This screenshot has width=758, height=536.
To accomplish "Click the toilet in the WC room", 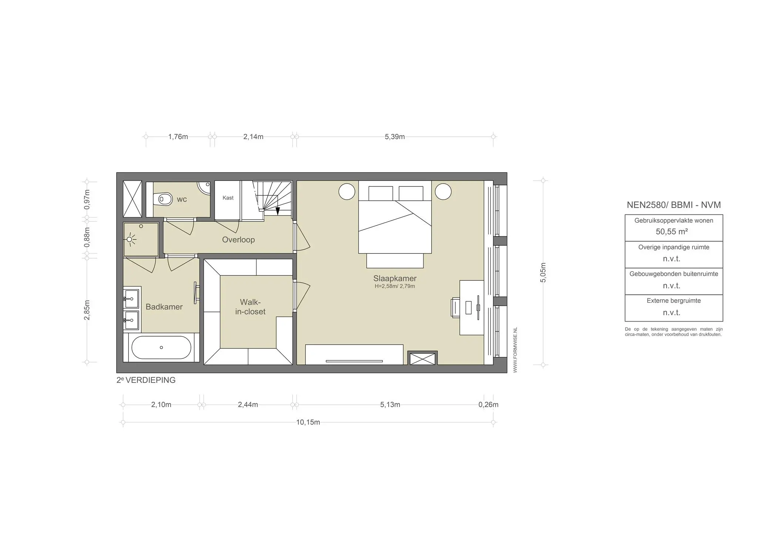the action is pyautogui.click(x=165, y=199).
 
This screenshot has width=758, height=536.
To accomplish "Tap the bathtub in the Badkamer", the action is pyautogui.click(x=161, y=347).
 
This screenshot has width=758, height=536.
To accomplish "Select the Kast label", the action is pyautogui.click(x=228, y=198).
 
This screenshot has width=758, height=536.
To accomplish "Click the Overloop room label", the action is pyautogui.click(x=238, y=240).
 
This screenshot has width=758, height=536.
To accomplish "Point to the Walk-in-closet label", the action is pyautogui.click(x=250, y=307).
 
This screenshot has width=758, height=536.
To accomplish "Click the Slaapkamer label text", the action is pyautogui.click(x=395, y=279).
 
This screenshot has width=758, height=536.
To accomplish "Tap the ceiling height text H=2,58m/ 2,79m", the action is pyautogui.click(x=395, y=286).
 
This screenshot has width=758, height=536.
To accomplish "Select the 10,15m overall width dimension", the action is pyautogui.click(x=308, y=422).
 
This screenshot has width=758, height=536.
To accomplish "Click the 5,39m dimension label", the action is pyautogui.click(x=395, y=137).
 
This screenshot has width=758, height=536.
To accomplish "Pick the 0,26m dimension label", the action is pyautogui.click(x=489, y=405).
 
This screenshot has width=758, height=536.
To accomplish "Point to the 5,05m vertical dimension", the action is pyautogui.click(x=543, y=273).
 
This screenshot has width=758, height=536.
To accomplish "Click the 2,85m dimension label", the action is pyautogui.click(x=87, y=310).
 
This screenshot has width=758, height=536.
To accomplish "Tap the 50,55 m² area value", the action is pyautogui.click(x=672, y=232).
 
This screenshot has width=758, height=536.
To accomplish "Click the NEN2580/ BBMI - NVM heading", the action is pyautogui.click(x=674, y=205).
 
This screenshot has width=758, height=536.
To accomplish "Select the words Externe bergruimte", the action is pyautogui.click(x=674, y=301).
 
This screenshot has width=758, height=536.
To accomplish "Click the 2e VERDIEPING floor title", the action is pyautogui.click(x=146, y=380).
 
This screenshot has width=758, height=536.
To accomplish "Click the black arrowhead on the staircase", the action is pyautogui.click(x=278, y=211).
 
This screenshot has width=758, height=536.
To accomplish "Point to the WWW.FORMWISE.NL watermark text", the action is pyautogui.click(x=515, y=350).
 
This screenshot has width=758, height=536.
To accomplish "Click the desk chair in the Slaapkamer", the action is pyautogui.click(x=455, y=308).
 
